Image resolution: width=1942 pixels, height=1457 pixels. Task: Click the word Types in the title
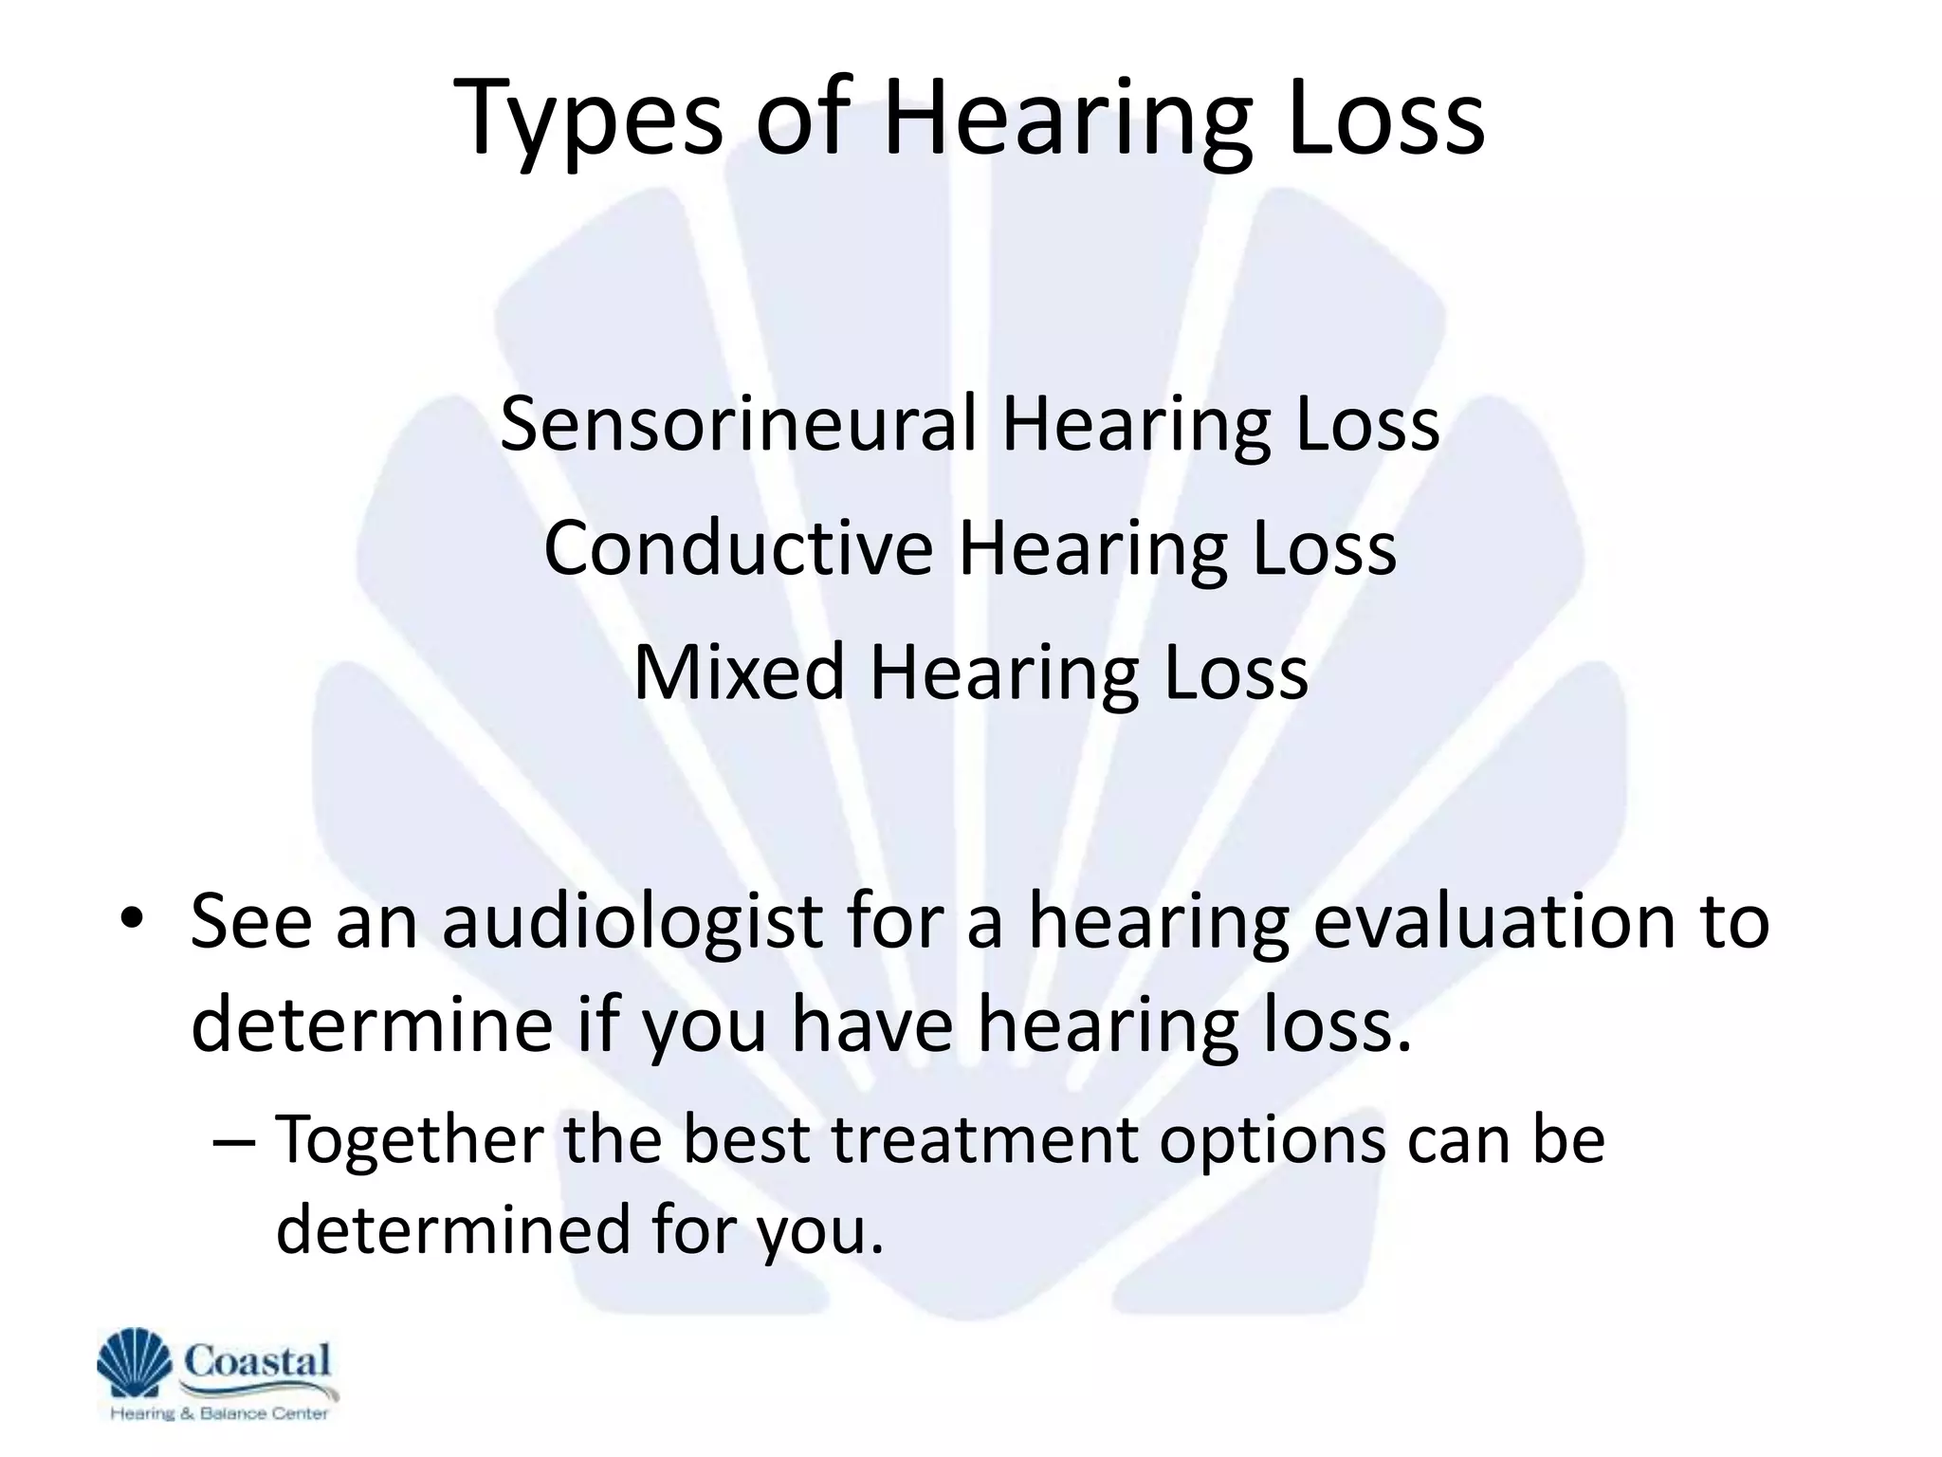(x=588, y=119)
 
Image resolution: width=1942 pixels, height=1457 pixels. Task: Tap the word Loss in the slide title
(x=1385, y=119)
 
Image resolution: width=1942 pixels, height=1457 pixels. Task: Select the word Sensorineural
(x=738, y=424)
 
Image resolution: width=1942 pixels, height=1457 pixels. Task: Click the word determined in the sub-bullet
(x=451, y=1227)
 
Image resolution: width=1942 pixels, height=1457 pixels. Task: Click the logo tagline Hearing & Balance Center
(x=219, y=1413)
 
